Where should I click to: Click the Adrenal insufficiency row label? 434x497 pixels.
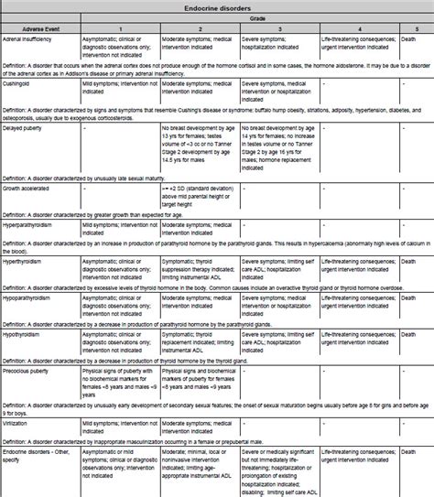coord(29,41)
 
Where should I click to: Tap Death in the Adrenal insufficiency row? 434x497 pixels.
coord(408,41)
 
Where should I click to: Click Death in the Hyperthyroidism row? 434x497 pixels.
coord(408,261)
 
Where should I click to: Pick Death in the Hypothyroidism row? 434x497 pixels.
coord(408,336)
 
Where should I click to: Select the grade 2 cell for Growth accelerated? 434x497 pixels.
coord(199,192)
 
